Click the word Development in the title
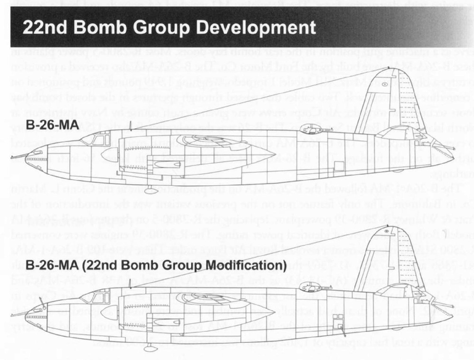[x=256, y=28]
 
